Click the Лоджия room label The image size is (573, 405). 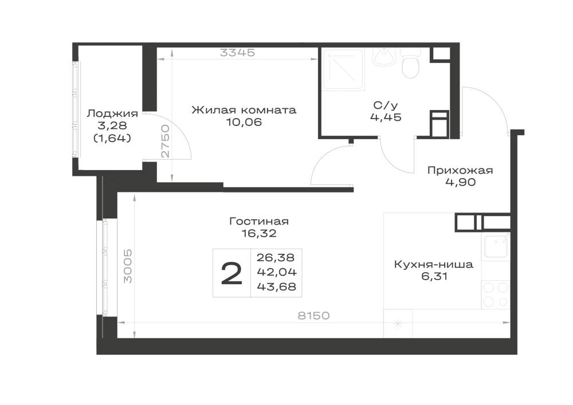(112, 113)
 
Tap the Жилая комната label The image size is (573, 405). (244, 110)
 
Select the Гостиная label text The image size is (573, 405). (259, 221)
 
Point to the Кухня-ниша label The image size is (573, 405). (434, 265)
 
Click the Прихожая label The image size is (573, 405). (461, 170)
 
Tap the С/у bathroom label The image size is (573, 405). (386, 105)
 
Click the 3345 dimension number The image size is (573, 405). (238, 53)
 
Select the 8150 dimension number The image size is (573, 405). (313, 316)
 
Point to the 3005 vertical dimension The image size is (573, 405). (128, 266)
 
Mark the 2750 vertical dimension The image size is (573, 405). (166, 141)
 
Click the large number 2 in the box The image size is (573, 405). (231, 274)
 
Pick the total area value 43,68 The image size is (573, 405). (277, 286)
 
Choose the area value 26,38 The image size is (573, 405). (276, 257)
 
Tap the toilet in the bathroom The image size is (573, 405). (410, 64)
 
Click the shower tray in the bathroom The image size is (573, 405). (343, 69)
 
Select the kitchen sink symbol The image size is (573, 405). (496, 246)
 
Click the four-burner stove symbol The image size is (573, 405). (496, 294)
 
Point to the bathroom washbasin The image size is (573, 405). (384, 57)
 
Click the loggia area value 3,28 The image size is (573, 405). (112, 125)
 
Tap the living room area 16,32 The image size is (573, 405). (259, 233)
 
